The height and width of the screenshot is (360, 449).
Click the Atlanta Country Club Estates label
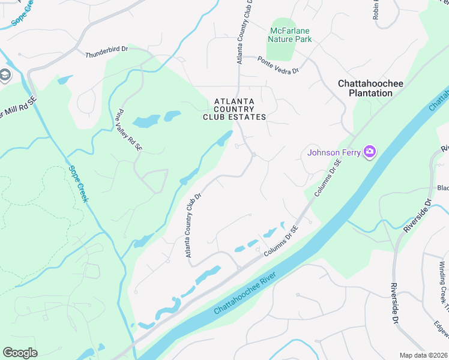pos(234,109)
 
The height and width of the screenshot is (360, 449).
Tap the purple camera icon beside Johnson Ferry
pos(369,152)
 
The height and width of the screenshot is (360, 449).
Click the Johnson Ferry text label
pos(334,152)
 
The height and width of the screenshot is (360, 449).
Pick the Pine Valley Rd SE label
pos(129,129)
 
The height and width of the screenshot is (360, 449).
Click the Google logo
pos(20,353)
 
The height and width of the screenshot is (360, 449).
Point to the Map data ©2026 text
pos(423,355)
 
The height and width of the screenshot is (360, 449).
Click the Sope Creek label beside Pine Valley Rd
pos(79,184)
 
